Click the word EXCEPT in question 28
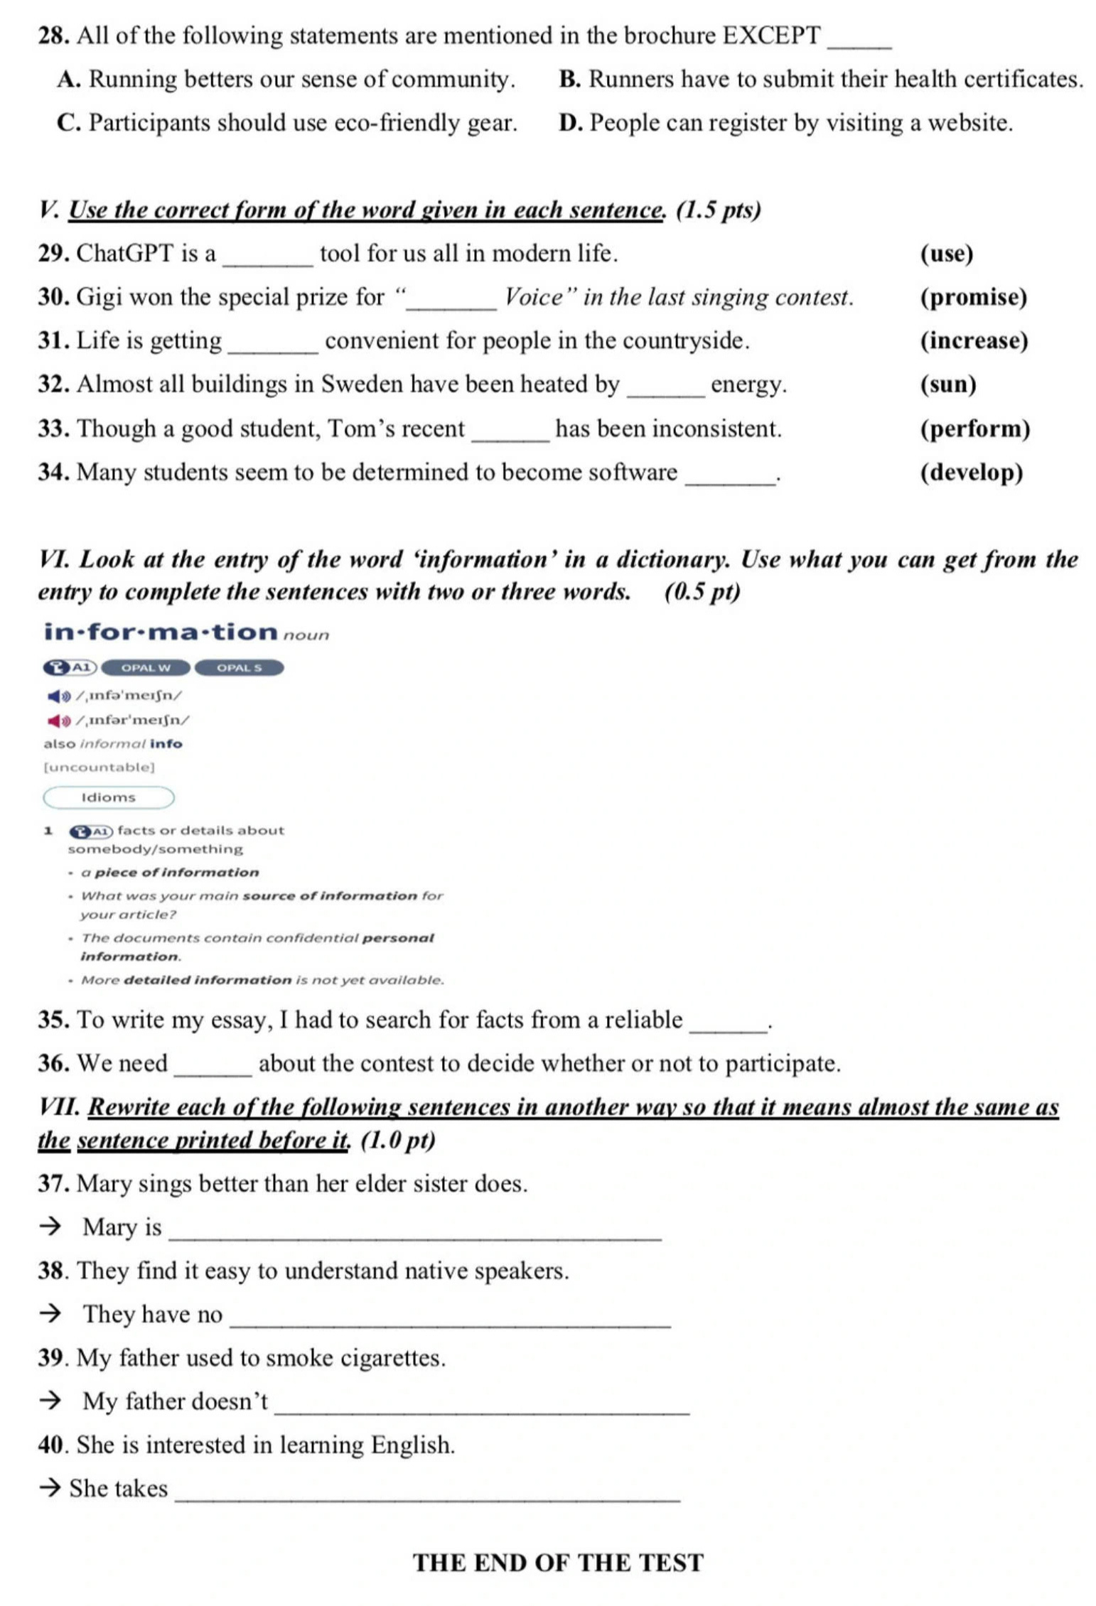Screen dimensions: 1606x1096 point(771,36)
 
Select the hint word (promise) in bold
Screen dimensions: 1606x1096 point(973,297)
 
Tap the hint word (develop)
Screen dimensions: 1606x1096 point(971,473)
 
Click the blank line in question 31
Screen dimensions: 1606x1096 point(273,351)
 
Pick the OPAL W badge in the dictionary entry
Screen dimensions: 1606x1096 point(146,667)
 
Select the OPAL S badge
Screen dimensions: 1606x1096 point(239,667)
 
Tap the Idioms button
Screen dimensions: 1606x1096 point(109,797)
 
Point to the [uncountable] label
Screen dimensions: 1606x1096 point(100,767)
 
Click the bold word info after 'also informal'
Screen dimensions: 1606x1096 point(166,744)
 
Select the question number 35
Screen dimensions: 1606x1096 point(53,1020)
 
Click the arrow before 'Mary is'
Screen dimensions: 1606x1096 point(50,1227)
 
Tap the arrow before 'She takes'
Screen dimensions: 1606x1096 point(50,1489)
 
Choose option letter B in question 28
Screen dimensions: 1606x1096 point(569,80)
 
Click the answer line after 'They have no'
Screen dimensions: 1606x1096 point(451,1325)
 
